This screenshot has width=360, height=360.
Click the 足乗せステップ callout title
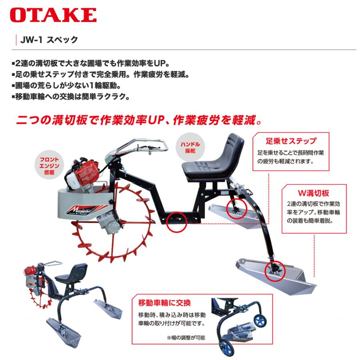click(x=291, y=141)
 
